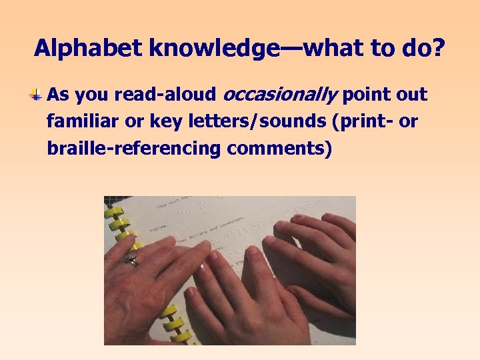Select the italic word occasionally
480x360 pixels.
click(279, 95)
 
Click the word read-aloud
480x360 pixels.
click(165, 95)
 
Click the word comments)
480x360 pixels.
click(279, 148)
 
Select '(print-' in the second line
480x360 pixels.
click(371, 122)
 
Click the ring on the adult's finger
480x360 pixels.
click(131, 258)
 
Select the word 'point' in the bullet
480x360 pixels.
click(365, 95)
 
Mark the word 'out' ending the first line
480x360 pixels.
click(411, 95)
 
